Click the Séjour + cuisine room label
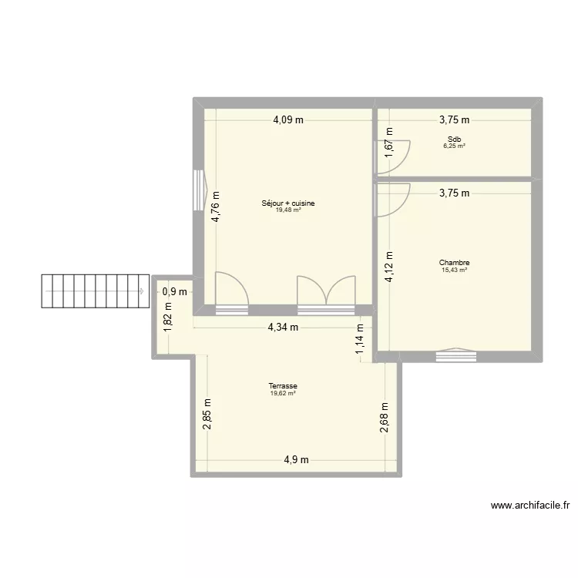tap(288, 203)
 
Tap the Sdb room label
tap(454, 139)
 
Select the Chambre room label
tap(455, 263)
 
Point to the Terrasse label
tap(284, 386)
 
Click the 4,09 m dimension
tap(288, 119)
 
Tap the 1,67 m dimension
tap(389, 143)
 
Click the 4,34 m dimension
tap(282, 327)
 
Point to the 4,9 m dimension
tap(296, 460)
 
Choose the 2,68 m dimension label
tap(385, 419)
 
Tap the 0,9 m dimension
tap(174, 291)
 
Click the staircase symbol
tap(94, 291)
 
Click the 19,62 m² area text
tap(284, 393)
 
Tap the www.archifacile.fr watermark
tap(529, 506)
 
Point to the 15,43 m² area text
tap(455, 270)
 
